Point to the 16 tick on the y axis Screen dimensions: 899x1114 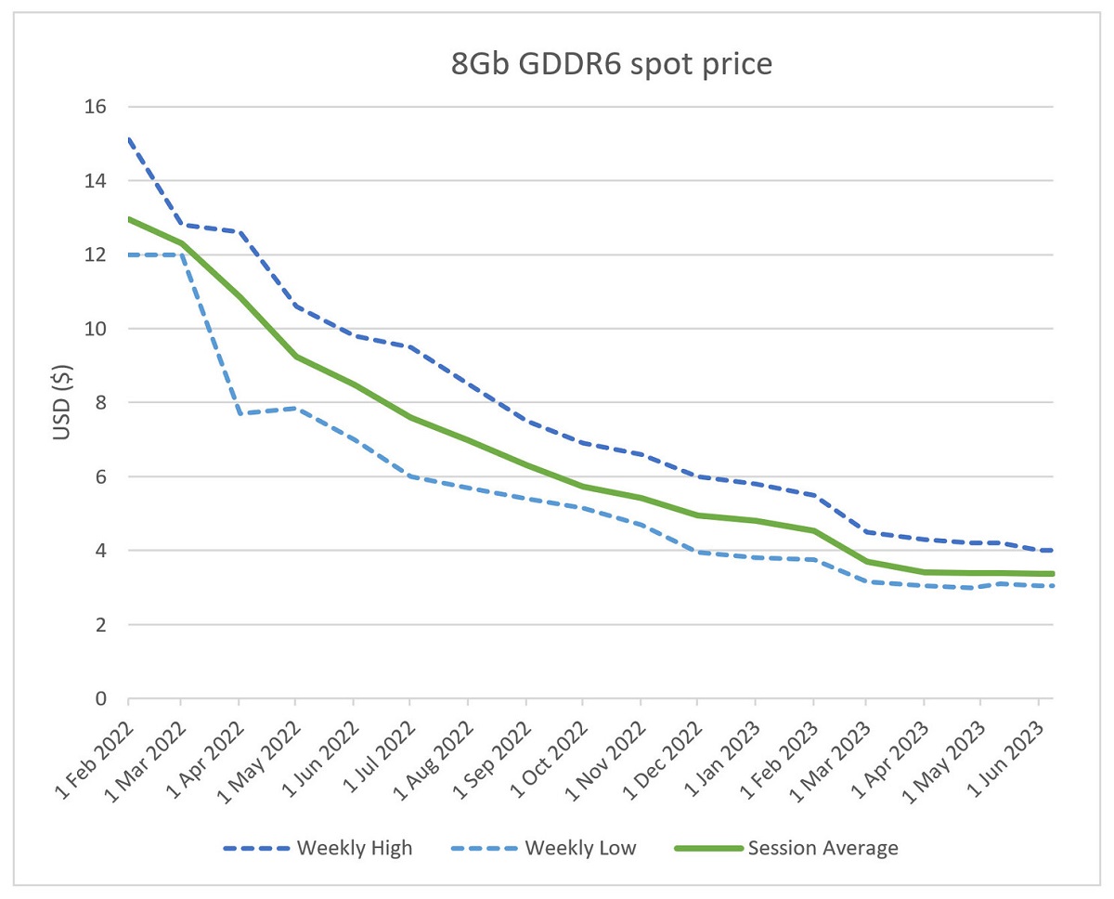(95, 107)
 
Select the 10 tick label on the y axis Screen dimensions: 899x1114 (95, 329)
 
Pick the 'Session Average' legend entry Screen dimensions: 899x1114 (786, 847)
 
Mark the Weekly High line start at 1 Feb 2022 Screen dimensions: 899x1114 (128, 139)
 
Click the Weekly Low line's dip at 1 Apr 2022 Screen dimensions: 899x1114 (240, 413)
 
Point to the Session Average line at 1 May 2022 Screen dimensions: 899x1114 (295, 357)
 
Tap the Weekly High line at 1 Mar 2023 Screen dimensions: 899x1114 (866, 532)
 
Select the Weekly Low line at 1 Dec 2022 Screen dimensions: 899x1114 (697, 553)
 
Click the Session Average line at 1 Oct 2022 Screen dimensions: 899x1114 (583, 487)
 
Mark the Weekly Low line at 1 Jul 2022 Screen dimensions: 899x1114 (410, 476)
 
